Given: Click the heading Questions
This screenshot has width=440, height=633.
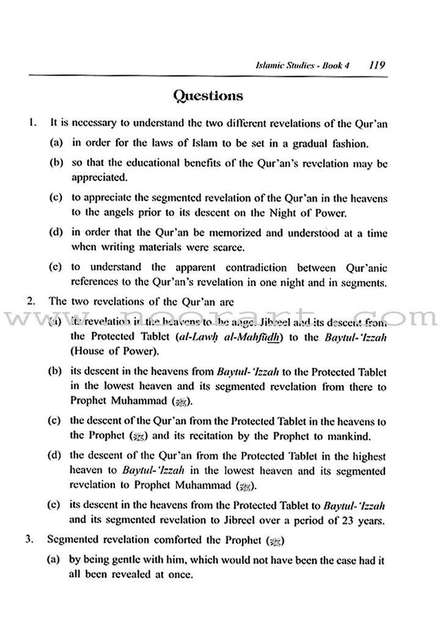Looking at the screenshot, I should coord(208,96).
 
